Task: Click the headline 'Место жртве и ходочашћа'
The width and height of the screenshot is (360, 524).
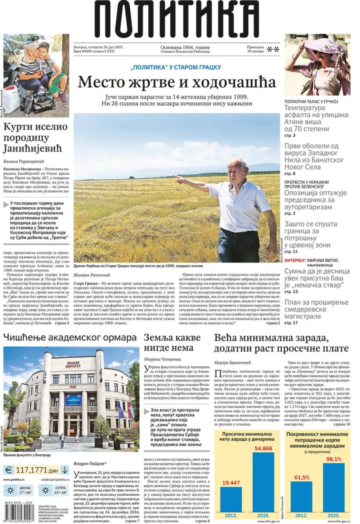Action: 176,82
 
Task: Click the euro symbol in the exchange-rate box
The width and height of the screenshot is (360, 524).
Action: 9,470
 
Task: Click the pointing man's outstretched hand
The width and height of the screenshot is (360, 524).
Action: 178,178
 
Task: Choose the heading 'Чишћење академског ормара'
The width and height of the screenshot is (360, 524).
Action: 70,337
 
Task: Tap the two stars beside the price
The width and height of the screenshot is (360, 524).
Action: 273,49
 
